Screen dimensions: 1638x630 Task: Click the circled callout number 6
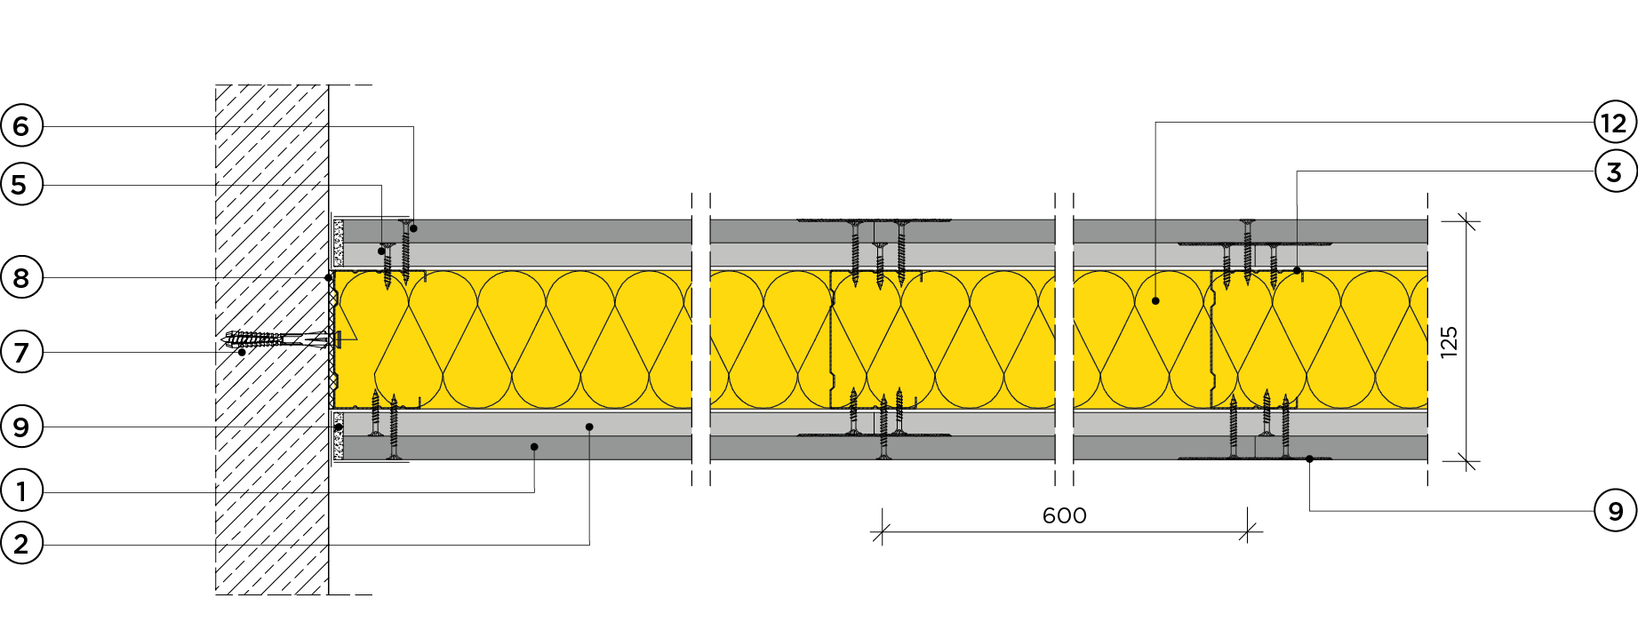pyautogui.click(x=21, y=126)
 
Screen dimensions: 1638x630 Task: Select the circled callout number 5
pyautogui.click(x=21, y=185)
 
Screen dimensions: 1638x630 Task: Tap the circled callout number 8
pyautogui.click(x=21, y=278)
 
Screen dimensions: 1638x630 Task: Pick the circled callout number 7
pyautogui.click(x=21, y=353)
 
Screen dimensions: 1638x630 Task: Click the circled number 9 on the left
pyautogui.click(x=21, y=427)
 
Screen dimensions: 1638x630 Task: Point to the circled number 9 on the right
pyautogui.click(x=1616, y=511)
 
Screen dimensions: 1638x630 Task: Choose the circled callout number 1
pyautogui.click(x=21, y=490)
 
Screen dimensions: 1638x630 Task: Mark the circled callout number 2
pyautogui.click(x=21, y=544)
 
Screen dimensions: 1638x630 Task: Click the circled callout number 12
pyautogui.click(x=1616, y=123)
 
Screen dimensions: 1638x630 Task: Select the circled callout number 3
pyautogui.click(x=1616, y=171)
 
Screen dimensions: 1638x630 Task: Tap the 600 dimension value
pyautogui.click(x=1065, y=515)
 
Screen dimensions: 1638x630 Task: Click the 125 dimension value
pyautogui.click(x=1450, y=341)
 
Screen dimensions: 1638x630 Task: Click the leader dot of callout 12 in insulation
pyautogui.click(x=1155, y=301)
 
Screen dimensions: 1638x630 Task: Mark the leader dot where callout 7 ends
pyautogui.click(x=242, y=352)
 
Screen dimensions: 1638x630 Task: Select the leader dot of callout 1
pyautogui.click(x=534, y=446)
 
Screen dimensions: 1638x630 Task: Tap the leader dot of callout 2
pyautogui.click(x=589, y=427)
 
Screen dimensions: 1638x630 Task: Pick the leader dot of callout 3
pyautogui.click(x=1297, y=270)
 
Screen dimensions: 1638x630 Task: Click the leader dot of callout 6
pyautogui.click(x=413, y=228)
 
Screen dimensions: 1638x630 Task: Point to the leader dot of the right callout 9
pyautogui.click(x=1309, y=459)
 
